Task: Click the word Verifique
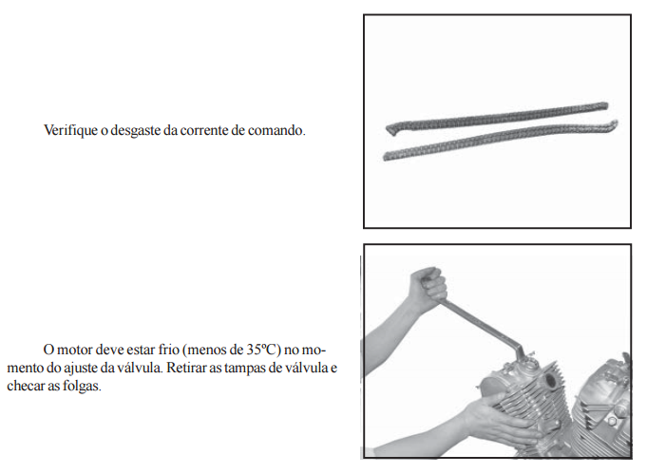[70, 130]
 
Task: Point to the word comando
[276, 130]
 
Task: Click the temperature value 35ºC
[263, 350]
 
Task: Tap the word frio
[169, 350]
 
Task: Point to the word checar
[25, 386]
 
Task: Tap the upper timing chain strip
[497, 118]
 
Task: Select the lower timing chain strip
[501, 140]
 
